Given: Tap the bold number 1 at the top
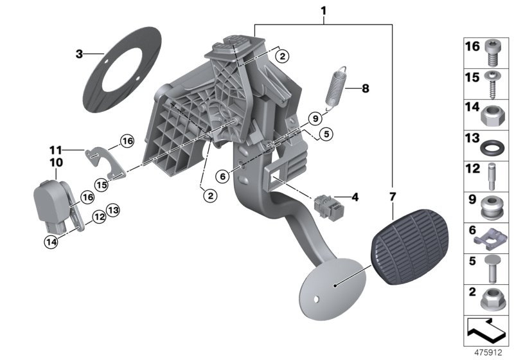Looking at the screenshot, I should click(x=323, y=11).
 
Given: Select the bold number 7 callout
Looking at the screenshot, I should click(x=393, y=195).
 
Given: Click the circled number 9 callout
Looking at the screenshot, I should click(x=314, y=118).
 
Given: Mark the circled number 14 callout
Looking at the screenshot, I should click(x=50, y=242).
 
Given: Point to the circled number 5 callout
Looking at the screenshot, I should click(x=326, y=134).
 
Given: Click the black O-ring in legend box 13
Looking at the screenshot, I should click(x=492, y=145).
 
